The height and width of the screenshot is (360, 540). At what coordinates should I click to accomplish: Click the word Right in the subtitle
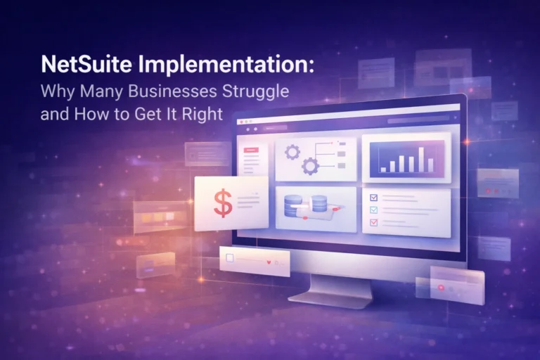(202, 113)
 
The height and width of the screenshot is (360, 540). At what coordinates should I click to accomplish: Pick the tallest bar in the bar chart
(421, 160)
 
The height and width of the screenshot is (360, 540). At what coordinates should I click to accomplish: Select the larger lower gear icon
(310, 167)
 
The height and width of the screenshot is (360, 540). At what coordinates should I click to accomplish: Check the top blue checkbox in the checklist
(373, 198)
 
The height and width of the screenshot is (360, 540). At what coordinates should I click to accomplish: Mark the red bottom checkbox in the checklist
(373, 222)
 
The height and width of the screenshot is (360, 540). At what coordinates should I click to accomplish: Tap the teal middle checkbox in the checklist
(373, 210)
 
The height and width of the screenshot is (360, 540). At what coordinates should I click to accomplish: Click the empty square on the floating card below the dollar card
(229, 258)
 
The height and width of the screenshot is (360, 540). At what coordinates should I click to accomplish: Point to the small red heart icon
(269, 263)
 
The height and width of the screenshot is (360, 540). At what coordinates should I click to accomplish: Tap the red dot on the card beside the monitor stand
(442, 288)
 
